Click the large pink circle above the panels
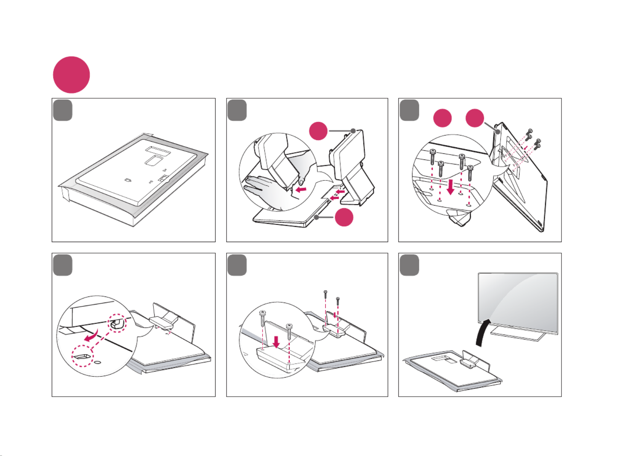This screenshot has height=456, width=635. point(71,75)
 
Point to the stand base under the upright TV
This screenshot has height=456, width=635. point(517,334)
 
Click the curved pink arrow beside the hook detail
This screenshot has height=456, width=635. point(92,336)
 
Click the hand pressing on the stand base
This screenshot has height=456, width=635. point(263,188)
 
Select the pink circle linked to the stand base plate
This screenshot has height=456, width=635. point(344,217)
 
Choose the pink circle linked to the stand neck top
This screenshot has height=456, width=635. point(318,131)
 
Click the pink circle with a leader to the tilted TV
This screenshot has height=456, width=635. point(475,118)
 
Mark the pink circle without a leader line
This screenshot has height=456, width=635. point(443,118)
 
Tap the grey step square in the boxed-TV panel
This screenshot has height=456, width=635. point(62,110)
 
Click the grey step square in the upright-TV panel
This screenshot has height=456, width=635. point(409,265)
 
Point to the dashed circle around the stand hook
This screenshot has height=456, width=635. point(117,323)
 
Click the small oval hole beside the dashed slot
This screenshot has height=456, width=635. point(98,362)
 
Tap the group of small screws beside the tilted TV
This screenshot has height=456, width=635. point(533,139)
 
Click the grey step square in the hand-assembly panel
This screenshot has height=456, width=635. point(237,110)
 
